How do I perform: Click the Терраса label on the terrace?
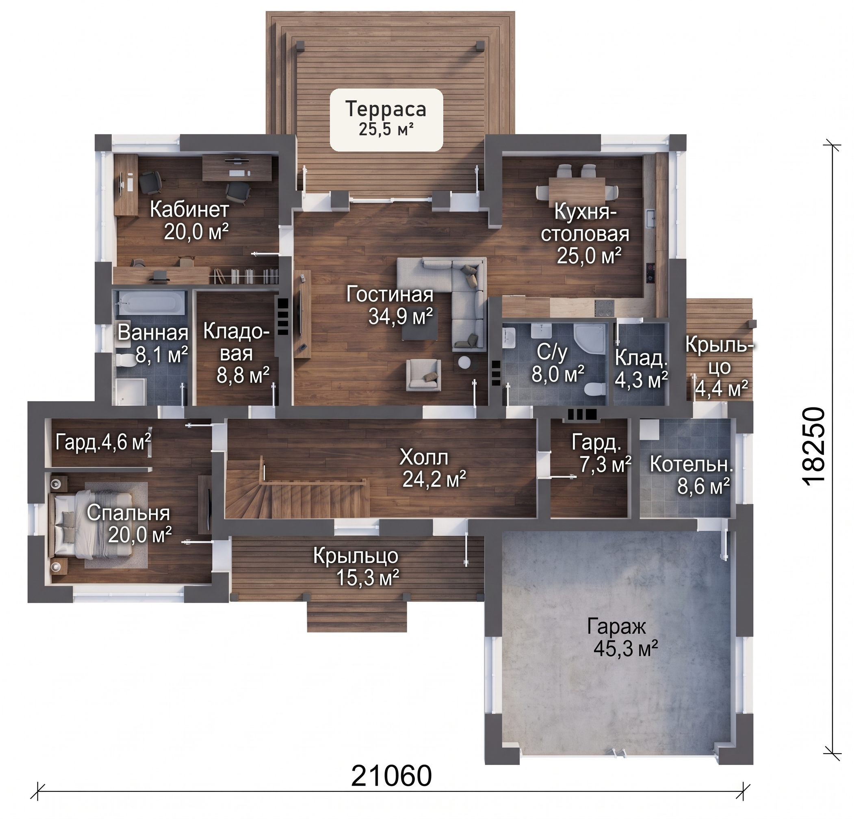(x=386, y=109)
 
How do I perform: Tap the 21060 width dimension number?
(x=391, y=776)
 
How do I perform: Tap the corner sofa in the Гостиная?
(x=453, y=301)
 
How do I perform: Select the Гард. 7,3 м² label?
(x=601, y=453)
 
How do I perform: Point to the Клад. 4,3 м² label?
(x=641, y=368)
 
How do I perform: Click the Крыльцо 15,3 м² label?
(x=356, y=567)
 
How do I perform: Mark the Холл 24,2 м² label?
(x=434, y=469)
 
